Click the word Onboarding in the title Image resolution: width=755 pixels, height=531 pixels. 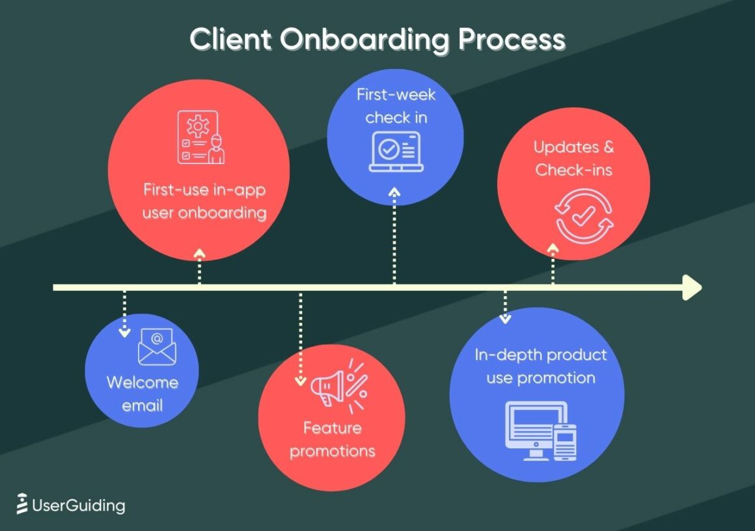point(365,40)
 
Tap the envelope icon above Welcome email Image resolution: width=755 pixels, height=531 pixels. point(156,347)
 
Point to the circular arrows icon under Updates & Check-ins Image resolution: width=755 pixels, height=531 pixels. point(584,216)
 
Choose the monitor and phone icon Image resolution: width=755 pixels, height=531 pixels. point(541,431)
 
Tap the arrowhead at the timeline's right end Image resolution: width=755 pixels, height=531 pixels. point(691,287)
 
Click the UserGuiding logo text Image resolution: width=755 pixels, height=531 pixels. point(71,505)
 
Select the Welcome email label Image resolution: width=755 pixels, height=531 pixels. point(143,394)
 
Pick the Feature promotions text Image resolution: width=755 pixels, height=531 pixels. point(332,439)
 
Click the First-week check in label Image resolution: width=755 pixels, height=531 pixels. point(396,106)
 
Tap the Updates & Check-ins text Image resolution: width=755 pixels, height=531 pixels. point(573,159)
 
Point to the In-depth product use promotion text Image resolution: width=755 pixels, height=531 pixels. point(540,366)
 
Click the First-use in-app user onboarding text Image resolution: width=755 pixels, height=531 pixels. point(204,202)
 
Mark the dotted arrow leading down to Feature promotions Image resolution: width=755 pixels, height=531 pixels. point(300,338)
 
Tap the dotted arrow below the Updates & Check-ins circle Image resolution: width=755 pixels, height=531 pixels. point(553,264)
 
